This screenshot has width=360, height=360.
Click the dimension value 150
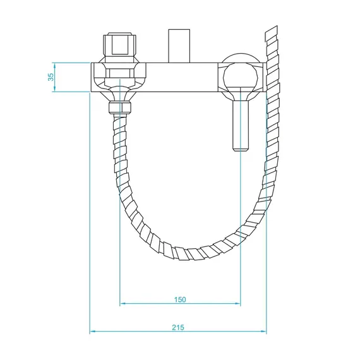(x=180, y=299)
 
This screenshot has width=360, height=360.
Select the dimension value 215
(x=177, y=327)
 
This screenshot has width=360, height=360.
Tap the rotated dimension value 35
(x=51, y=76)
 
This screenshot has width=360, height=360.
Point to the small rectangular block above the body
(x=179, y=45)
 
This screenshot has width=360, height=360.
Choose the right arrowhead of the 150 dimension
(x=237, y=304)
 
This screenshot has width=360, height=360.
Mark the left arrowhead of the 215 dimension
(x=93, y=332)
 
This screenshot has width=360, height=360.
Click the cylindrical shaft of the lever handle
(x=240, y=123)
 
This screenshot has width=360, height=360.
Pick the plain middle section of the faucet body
(x=180, y=76)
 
